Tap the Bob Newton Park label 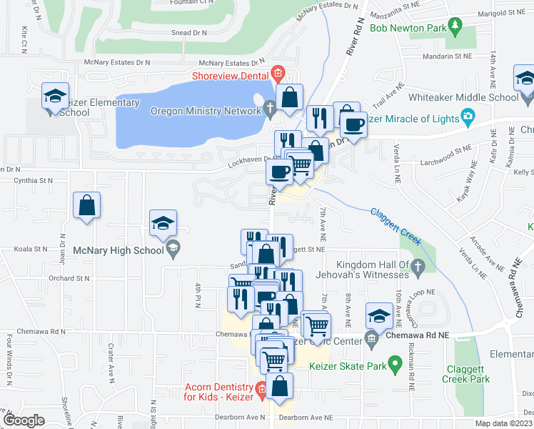click(x=407, y=29)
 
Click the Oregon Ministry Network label click(x=206, y=111)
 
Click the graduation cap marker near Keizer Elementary click(x=54, y=97)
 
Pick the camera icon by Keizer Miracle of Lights click(x=467, y=117)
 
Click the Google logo click(x=24, y=420)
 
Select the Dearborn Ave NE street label click(x=306, y=417)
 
